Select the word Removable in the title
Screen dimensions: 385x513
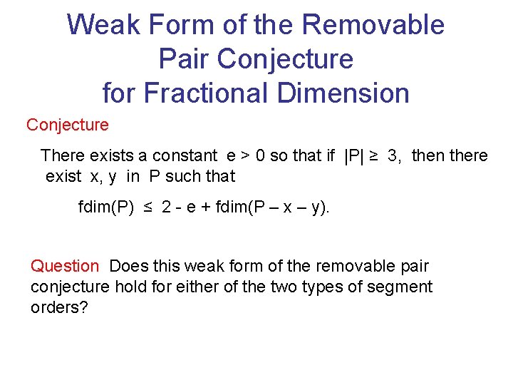pyautogui.click(x=373, y=26)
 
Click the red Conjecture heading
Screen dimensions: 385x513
pyautogui.click(x=68, y=125)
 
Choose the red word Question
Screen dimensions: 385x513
pyautogui.click(x=65, y=266)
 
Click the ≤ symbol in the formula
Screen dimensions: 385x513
pyautogui.click(x=148, y=207)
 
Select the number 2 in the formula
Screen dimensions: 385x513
pyautogui.click(x=166, y=207)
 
